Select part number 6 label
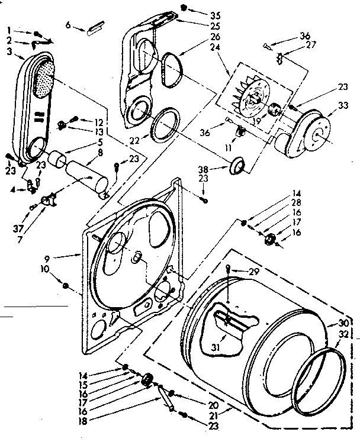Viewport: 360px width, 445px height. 68,25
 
